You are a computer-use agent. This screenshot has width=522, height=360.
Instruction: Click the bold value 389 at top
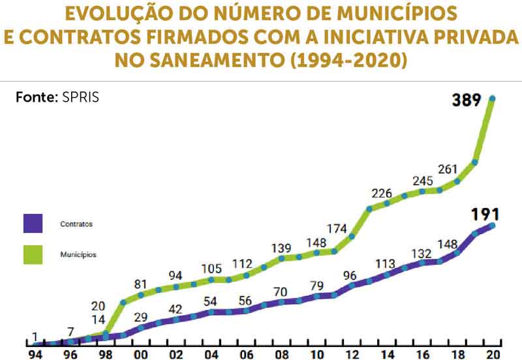466,100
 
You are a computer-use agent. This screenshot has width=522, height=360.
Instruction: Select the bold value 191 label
484,214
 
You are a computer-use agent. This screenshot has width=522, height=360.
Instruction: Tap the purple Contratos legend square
32,224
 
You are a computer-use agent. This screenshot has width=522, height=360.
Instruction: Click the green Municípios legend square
32,254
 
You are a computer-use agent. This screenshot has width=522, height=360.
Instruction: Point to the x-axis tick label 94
36,354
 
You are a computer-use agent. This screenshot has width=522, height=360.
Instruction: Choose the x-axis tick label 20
493,354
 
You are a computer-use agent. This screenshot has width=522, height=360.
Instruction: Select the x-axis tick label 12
352,354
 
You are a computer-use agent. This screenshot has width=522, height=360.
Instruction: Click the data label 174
337,229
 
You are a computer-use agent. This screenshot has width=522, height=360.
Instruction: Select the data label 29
140,317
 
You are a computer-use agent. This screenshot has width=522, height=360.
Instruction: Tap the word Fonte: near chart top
37,98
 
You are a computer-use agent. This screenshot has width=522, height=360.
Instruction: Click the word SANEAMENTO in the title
217,61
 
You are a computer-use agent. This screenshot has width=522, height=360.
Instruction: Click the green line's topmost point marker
492,98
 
